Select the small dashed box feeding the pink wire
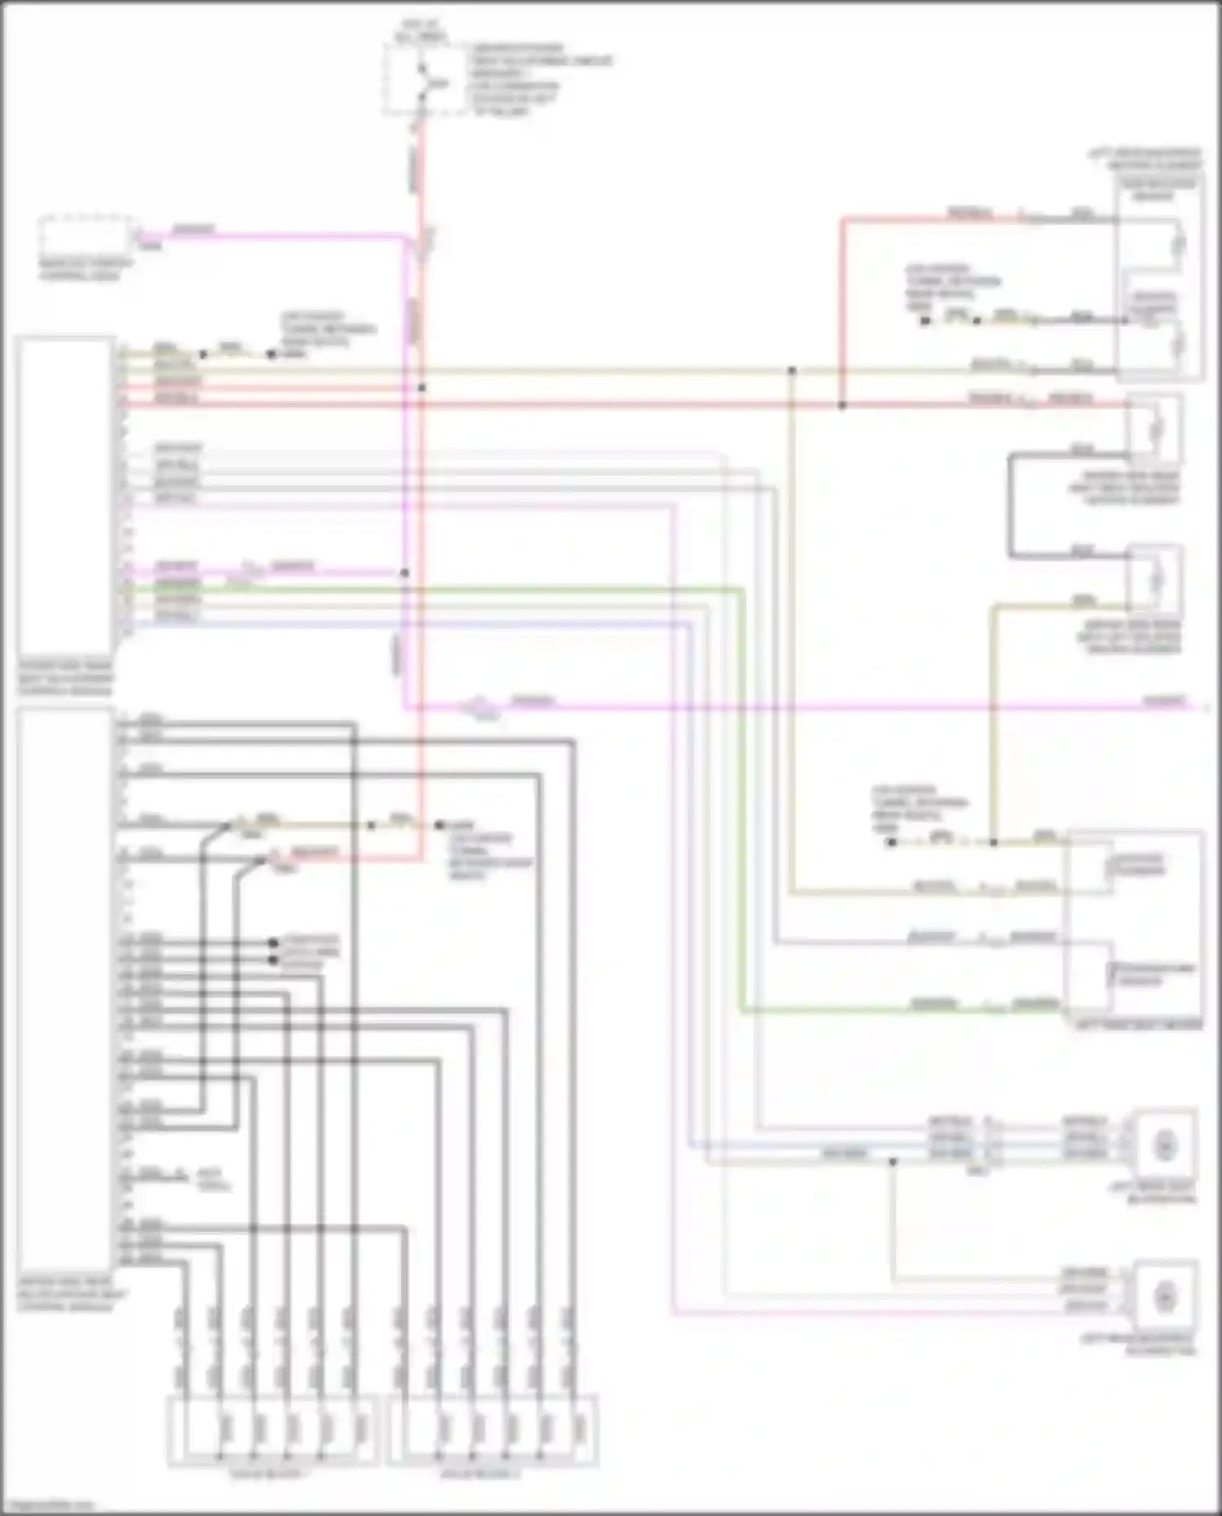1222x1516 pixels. click(86, 236)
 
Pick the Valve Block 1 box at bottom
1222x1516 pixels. click(272, 1430)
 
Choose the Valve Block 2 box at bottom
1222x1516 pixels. click(493, 1430)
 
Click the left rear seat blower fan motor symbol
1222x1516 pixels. click(1165, 1146)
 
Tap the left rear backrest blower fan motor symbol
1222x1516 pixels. click(1166, 1294)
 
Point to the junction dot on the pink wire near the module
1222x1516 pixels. click(404, 573)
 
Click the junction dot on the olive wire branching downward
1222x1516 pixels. click(791, 371)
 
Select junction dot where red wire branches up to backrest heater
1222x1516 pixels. click(842, 405)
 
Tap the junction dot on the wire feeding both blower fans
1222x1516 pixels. click(893, 1162)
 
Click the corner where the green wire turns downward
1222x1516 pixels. click(741, 588)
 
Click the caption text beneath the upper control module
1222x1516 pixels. click(65, 679)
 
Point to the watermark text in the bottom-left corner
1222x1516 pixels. click(49, 1505)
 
